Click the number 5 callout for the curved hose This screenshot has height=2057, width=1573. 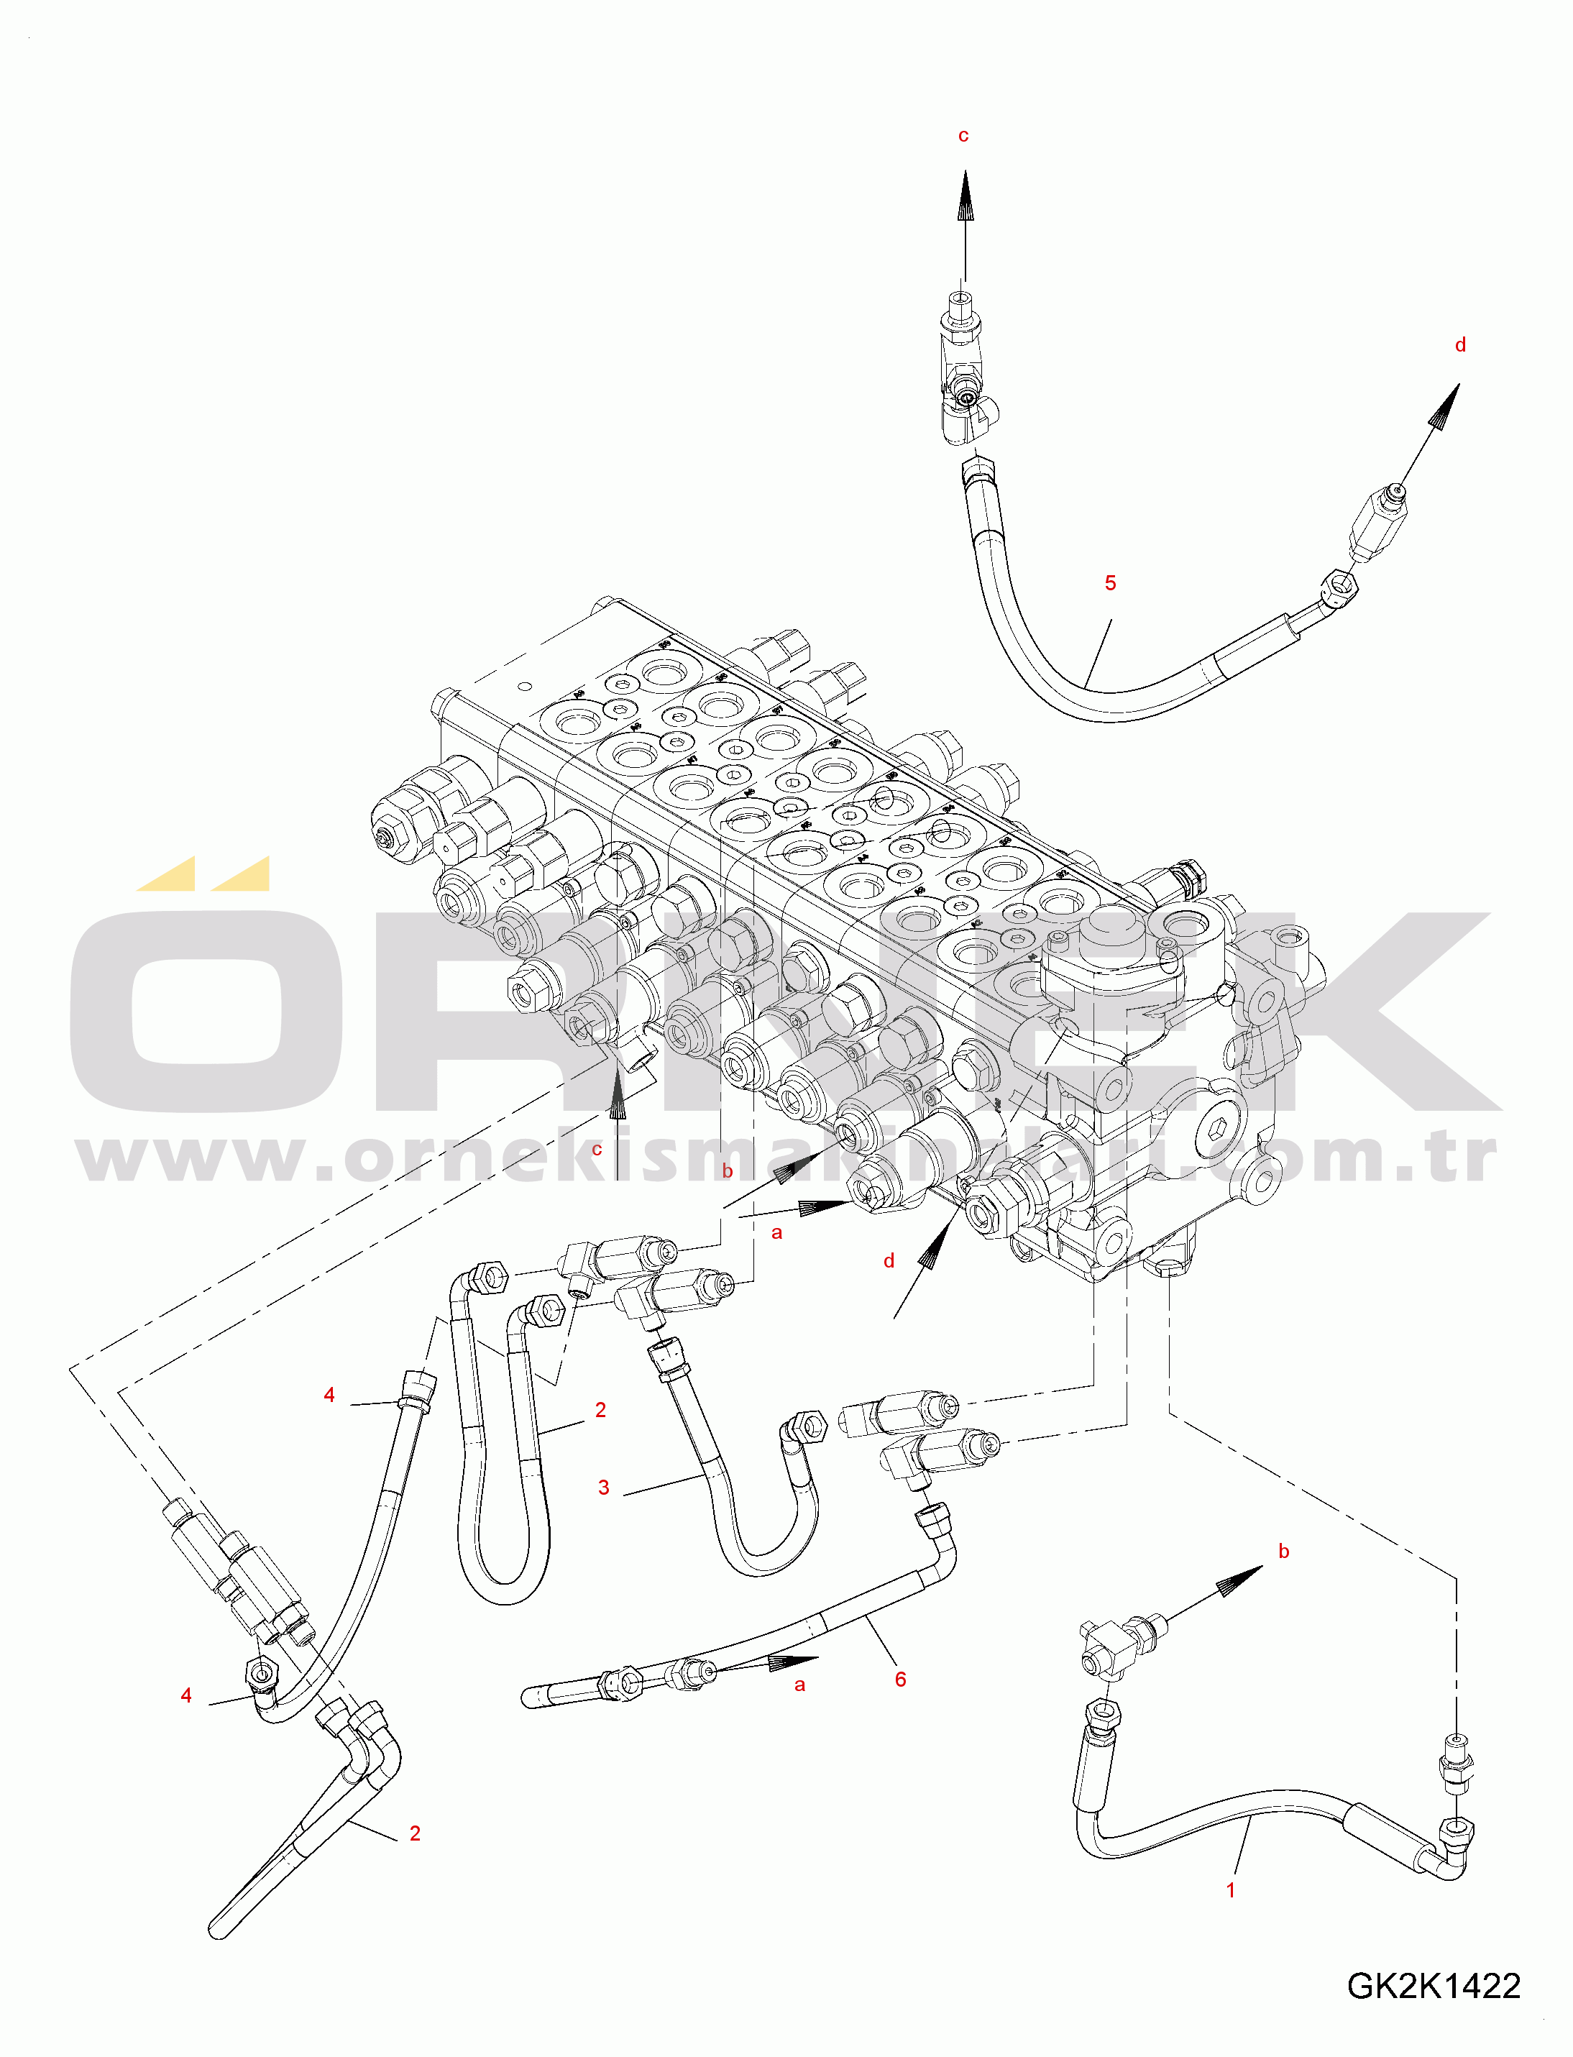1111,583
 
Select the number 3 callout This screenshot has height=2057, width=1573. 604,1488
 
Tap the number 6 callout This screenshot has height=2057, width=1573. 901,1680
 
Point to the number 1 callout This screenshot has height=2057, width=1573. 1232,1890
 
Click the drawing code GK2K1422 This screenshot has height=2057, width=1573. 1434,1985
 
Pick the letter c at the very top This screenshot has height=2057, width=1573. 963,136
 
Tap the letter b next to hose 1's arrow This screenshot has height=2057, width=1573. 1284,1552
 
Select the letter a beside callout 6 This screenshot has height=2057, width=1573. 799,1685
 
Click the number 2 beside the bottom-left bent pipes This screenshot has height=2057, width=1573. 415,1833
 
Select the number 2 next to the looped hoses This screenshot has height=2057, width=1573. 600,1410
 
